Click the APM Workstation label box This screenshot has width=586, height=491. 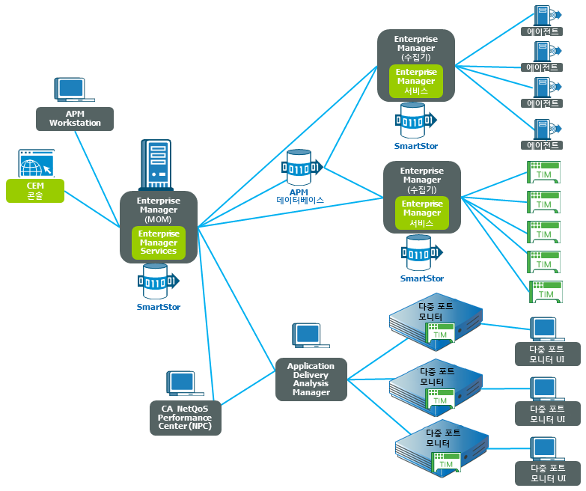point(75,118)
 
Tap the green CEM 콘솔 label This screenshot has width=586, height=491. point(35,190)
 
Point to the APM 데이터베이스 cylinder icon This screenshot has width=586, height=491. point(300,168)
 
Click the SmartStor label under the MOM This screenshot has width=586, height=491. point(159,307)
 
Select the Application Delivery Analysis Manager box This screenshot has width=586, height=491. point(311,379)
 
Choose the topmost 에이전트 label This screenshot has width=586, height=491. point(542,31)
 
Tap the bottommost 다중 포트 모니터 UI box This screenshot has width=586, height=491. point(547,473)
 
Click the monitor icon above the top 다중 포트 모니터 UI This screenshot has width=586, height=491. point(543,329)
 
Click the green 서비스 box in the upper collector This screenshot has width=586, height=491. point(416,81)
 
